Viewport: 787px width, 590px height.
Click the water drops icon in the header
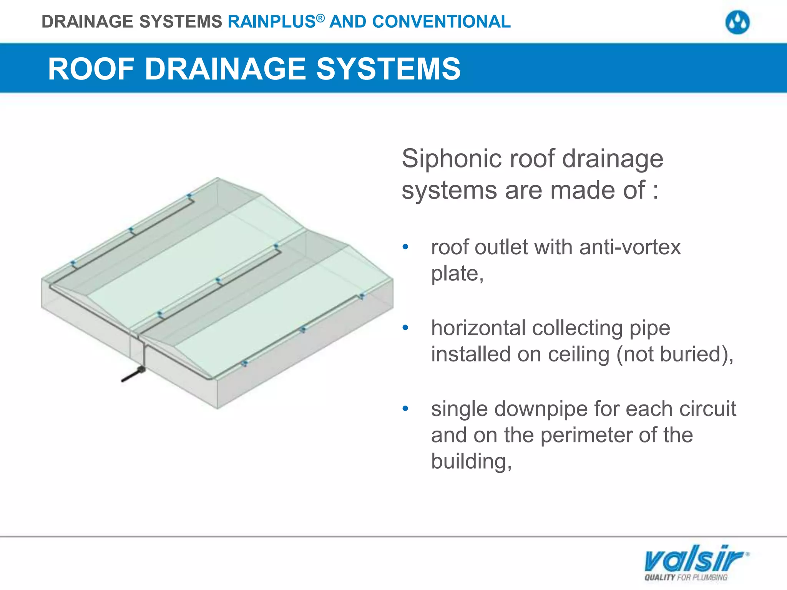(737, 22)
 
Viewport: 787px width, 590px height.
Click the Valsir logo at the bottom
(696, 559)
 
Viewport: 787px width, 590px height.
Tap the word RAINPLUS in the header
(271, 22)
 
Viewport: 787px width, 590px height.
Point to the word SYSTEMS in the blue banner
(388, 69)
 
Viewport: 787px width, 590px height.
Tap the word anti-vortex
(630, 247)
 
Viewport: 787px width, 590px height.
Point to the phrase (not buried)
(674, 354)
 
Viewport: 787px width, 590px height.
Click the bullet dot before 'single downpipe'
(405, 409)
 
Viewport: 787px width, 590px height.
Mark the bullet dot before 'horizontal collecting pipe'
(405, 328)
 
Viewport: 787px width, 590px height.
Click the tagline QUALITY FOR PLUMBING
(686, 577)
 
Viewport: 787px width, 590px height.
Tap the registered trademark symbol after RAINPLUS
(320, 18)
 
